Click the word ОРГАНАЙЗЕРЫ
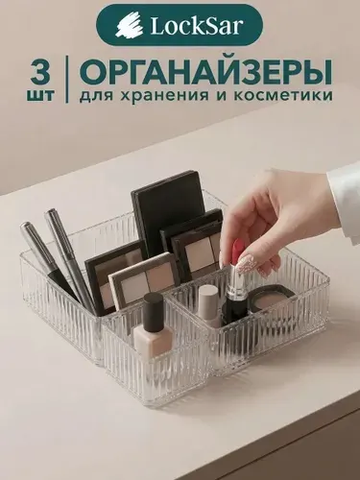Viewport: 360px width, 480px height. pos(205,72)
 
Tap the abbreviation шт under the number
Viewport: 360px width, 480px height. pos(41,96)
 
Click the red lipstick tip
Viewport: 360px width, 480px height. pos(237,251)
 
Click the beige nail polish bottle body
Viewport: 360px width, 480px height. pos(154,341)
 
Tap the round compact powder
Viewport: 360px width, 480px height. pos(273,297)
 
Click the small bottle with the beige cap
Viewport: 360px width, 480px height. pos(209,305)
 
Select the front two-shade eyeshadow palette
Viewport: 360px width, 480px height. pos(144,281)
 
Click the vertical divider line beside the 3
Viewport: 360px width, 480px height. pos(67,79)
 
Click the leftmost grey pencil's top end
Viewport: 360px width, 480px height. pos(26,227)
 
